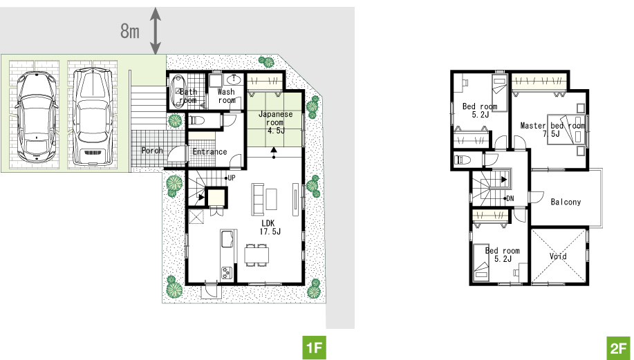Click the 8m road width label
[130, 30]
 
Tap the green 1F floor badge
[314, 348]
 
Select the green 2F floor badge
[618, 348]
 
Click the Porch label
[152, 151]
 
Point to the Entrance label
[209, 152]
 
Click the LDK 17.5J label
[270, 227]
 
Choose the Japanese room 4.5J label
[275, 122]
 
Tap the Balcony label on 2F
[566, 202]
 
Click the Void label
[558, 256]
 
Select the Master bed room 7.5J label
[552, 129]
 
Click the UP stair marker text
[232, 178]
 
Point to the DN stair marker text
[510, 198]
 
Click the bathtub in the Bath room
[177, 92]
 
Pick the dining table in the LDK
[257, 255]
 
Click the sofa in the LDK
[258, 199]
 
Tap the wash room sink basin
[233, 79]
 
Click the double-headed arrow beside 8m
[156, 30]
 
